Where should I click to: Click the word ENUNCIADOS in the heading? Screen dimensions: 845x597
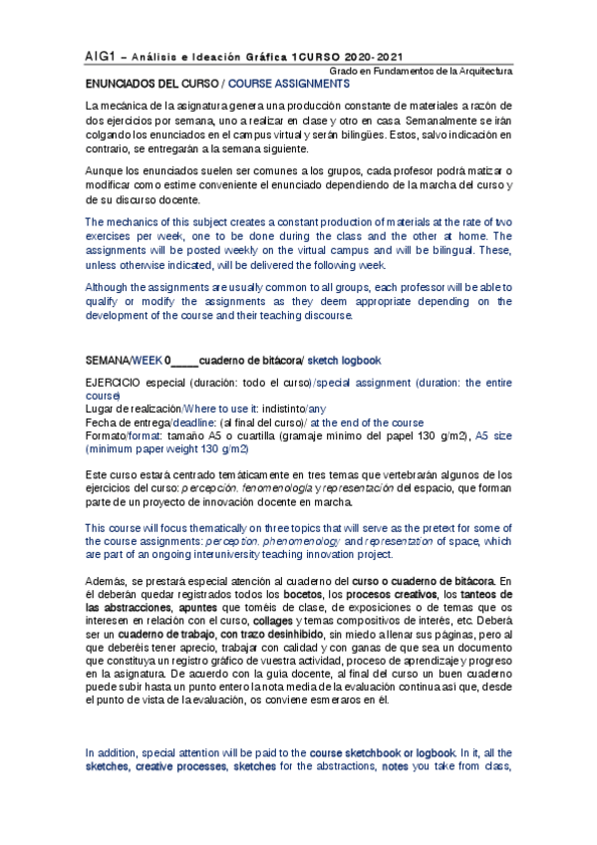(122, 85)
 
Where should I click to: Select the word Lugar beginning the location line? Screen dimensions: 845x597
(100, 409)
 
